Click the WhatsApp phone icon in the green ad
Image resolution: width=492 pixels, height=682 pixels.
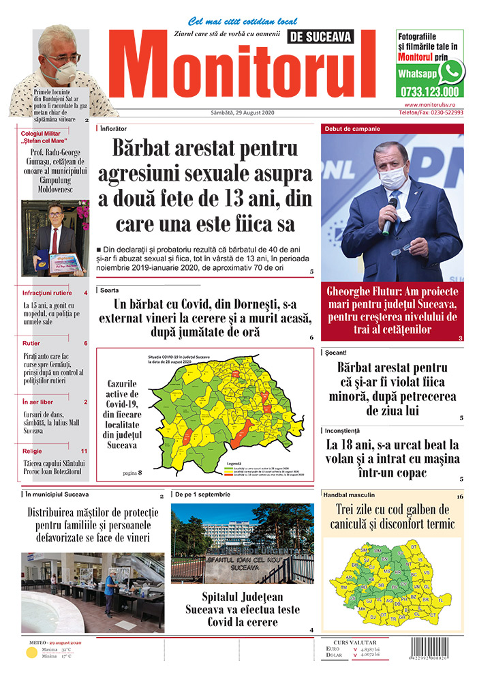pyautogui.click(x=451, y=72)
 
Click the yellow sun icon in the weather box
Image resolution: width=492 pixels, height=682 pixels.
pyautogui.click(x=31, y=653)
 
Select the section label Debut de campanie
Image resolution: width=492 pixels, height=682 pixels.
pyautogui.click(x=352, y=129)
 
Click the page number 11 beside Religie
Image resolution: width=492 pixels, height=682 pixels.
pyautogui.click(x=84, y=451)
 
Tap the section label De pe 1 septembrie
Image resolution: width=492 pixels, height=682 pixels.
pyautogui.click(x=203, y=494)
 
